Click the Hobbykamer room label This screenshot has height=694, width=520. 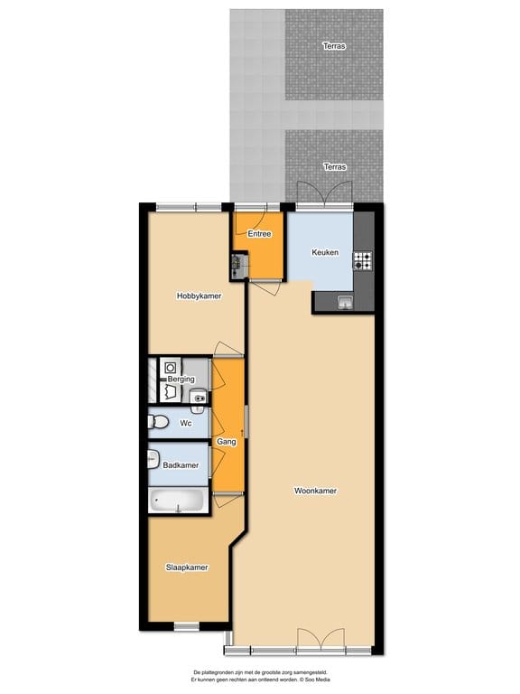[199, 295]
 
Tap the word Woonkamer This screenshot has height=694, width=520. [316, 492]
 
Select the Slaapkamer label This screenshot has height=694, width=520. [187, 567]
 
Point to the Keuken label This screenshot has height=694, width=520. [325, 253]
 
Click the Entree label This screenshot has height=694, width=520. [260, 234]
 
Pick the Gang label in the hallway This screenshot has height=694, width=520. [227, 441]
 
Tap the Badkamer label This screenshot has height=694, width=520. [181, 465]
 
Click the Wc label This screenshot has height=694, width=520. [186, 423]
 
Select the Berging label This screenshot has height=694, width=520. [181, 379]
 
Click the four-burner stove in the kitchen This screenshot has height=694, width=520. [363, 261]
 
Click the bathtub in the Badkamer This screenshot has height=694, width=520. [178, 501]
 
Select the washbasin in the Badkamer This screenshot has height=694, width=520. [152, 459]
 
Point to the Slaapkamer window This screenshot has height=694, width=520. [186, 625]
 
